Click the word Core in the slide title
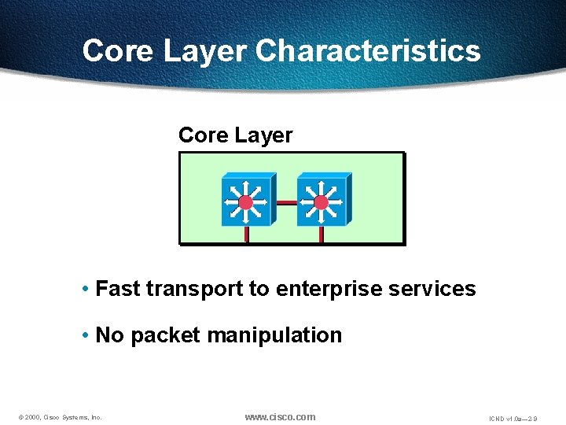coord(119,51)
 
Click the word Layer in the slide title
coord(206,51)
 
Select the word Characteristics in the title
coord(368,51)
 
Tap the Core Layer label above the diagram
coord(235,135)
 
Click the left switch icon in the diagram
coord(246,201)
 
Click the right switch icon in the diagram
coord(322,201)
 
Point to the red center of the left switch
coord(246,203)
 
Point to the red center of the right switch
coord(321,203)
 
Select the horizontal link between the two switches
coord(285,202)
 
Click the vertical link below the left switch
coord(246,235)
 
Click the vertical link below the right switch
coord(321,235)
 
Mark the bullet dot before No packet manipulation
coord(85,335)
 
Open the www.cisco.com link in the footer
coord(280,416)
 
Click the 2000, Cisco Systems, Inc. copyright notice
coord(58,417)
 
